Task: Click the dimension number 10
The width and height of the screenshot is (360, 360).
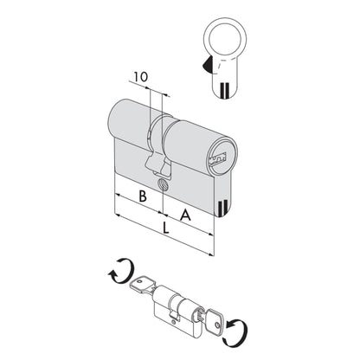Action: click(x=140, y=77)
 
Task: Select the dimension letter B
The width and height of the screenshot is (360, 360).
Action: click(x=143, y=196)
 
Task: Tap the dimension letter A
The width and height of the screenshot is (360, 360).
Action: click(x=185, y=215)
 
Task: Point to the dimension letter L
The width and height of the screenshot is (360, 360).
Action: click(x=165, y=228)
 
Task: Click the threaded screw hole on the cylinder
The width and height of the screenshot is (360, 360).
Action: click(x=163, y=184)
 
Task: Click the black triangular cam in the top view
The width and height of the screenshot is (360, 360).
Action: click(x=208, y=64)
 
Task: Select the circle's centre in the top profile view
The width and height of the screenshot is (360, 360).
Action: click(x=225, y=39)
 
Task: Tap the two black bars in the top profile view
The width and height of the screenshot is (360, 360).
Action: click(x=224, y=90)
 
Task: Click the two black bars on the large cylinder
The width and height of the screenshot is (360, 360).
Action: click(x=221, y=208)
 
